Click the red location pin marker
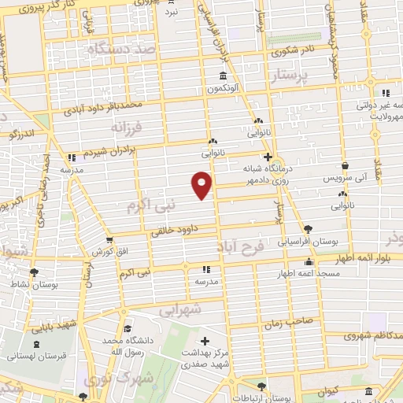[x=202, y=185]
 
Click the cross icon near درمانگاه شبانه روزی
[x=268, y=157]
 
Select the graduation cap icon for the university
[x=128, y=330]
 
